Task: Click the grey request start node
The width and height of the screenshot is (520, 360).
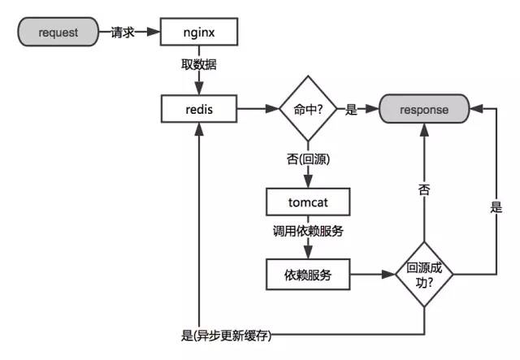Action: coord(57,33)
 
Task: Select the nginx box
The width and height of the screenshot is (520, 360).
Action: coord(198,33)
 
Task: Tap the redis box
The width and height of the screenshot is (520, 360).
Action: coord(198,108)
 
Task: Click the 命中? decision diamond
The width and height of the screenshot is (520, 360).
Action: coord(308,108)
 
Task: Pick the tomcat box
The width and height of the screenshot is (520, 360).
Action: coord(308,199)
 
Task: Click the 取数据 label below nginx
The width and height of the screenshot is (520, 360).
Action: coord(198,63)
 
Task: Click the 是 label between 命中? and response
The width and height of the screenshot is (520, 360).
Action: coord(351,108)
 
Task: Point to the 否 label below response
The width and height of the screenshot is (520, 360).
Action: coord(423,190)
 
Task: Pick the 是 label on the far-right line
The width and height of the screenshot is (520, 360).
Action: coord(496,207)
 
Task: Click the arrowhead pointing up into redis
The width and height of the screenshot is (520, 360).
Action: coord(198,128)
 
